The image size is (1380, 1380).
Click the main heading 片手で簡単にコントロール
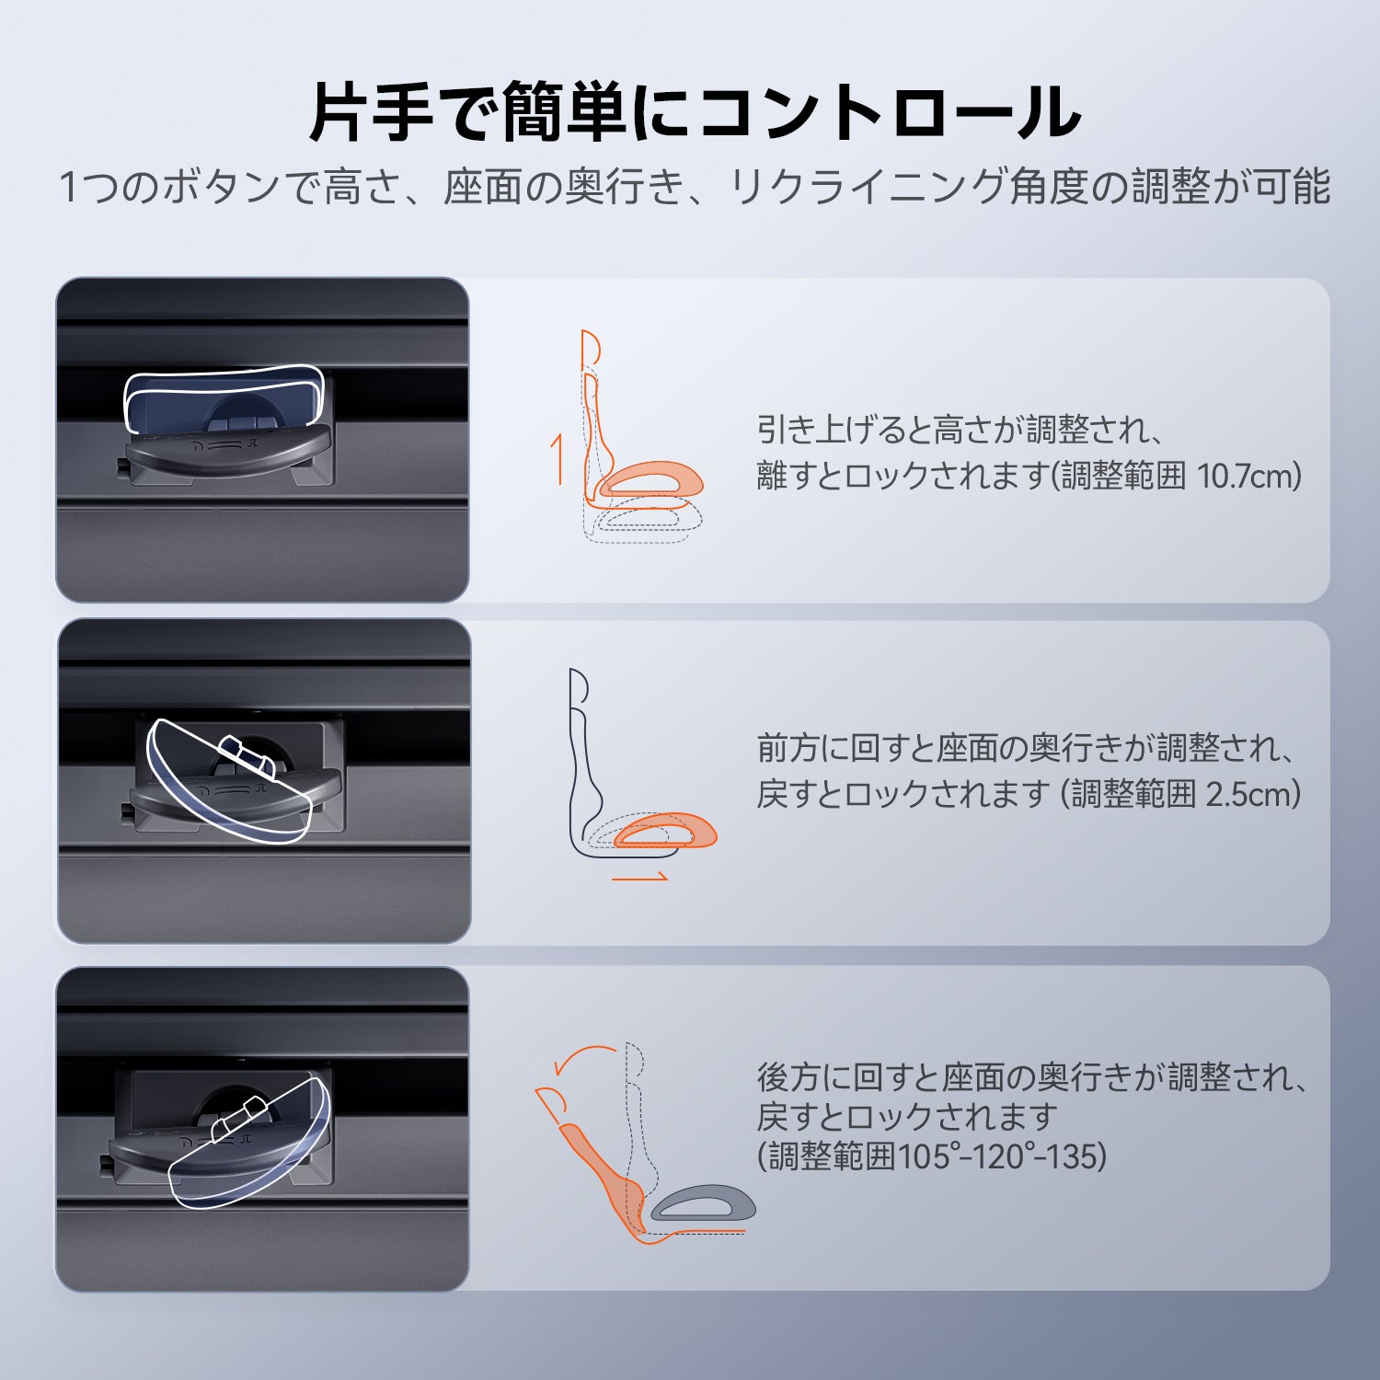pyautogui.click(x=695, y=112)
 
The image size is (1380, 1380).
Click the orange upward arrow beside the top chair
pyautogui.click(x=557, y=457)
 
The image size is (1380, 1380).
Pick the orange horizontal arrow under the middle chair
pyautogui.click(x=640, y=878)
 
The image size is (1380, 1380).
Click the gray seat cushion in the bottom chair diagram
pyautogui.click(x=703, y=1203)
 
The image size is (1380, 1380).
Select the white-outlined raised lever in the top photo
pyautogui.click(x=224, y=398)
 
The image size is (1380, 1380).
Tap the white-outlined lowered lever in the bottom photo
pyautogui.click(x=251, y=1145)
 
